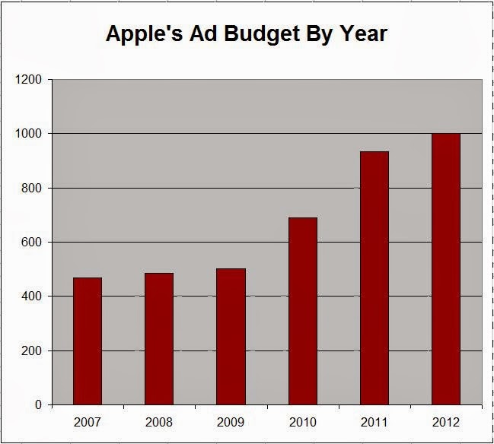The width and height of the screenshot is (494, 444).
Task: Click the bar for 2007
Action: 88,341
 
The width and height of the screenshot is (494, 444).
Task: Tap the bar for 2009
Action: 231,337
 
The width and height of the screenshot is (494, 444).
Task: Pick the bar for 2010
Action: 303,311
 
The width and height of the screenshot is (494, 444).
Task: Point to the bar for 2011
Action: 374,278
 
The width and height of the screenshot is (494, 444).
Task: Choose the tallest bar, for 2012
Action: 446,269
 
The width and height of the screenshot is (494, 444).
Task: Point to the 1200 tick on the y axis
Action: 29,79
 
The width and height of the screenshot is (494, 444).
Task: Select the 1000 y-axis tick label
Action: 29,134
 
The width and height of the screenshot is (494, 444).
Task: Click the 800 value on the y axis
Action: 32,188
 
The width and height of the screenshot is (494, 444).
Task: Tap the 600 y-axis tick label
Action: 32,243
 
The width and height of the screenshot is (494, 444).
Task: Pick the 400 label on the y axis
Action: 32,297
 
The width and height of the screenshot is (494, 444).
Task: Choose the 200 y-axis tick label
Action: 32,351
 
